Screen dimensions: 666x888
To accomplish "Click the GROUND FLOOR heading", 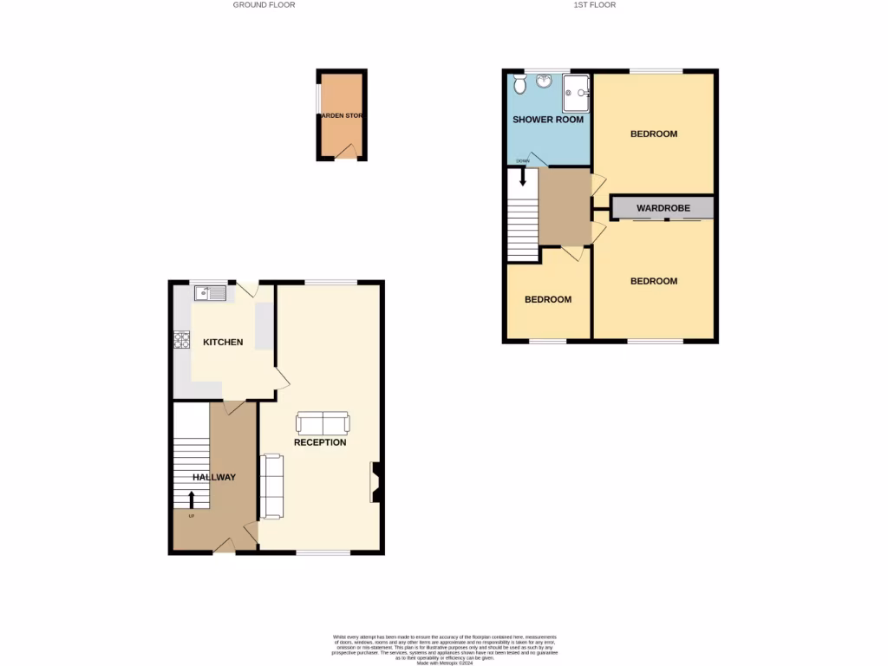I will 264,5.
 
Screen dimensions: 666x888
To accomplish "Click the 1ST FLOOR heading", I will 594,5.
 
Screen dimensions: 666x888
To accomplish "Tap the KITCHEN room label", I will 223,343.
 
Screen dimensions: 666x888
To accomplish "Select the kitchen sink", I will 210,293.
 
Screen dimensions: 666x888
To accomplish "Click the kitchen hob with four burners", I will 182,340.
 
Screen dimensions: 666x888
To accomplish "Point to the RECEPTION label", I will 320,442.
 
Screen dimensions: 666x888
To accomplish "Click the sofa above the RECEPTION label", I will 323,423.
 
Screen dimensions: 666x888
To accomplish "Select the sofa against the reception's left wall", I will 271,486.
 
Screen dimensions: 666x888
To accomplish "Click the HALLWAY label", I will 214,477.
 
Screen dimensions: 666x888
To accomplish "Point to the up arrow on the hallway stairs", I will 192,499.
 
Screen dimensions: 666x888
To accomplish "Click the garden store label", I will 341,115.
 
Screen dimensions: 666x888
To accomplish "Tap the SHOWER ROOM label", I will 548,120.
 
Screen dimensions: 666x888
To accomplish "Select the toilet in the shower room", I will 519,83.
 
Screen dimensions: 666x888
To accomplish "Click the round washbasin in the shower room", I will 545,82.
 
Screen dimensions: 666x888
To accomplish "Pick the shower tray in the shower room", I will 576,93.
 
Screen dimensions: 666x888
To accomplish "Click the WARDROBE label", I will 663,208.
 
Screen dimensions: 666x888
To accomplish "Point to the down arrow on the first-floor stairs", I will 522,178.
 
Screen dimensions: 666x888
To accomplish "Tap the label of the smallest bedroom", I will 548,300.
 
